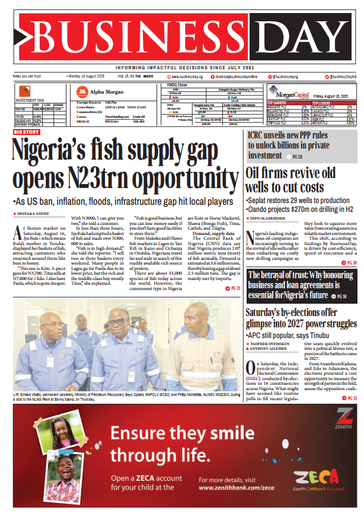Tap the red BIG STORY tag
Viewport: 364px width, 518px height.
coord(28,132)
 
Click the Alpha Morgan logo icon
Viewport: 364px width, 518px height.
coord(82,92)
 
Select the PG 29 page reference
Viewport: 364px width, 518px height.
coord(295,157)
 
